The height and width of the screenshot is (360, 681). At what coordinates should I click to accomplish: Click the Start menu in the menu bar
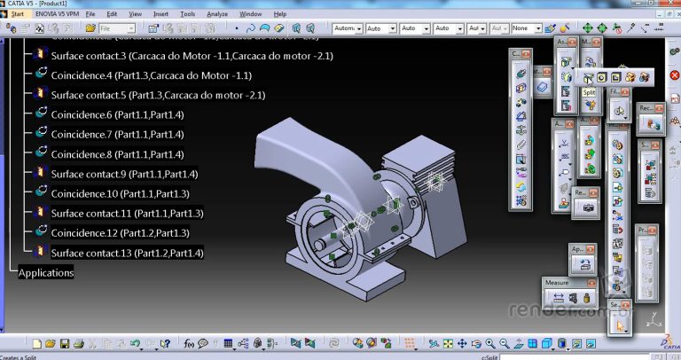point(18,14)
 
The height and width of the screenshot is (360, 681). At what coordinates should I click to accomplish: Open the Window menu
point(250,14)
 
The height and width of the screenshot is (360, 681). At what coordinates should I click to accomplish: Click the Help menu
point(280,14)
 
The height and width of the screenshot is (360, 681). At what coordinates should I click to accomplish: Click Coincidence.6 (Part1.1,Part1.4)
point(117,115)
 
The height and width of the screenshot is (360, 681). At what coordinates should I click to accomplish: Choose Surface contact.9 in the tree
point(123,174)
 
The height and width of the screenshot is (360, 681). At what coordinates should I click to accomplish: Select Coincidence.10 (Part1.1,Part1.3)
point(120,193)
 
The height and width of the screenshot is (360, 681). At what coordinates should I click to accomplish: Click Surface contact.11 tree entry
point(127,214)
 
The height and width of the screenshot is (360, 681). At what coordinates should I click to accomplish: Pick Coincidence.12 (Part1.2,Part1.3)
point(120,233)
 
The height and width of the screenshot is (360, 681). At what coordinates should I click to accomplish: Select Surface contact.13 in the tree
point(127,254)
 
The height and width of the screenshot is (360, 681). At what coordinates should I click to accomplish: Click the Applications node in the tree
point(46,273)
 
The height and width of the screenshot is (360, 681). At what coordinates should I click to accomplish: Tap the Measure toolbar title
point(557,283)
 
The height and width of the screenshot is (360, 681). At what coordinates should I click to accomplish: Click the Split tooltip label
point(588,92)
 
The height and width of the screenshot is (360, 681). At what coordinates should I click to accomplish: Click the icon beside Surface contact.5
point(40,95)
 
